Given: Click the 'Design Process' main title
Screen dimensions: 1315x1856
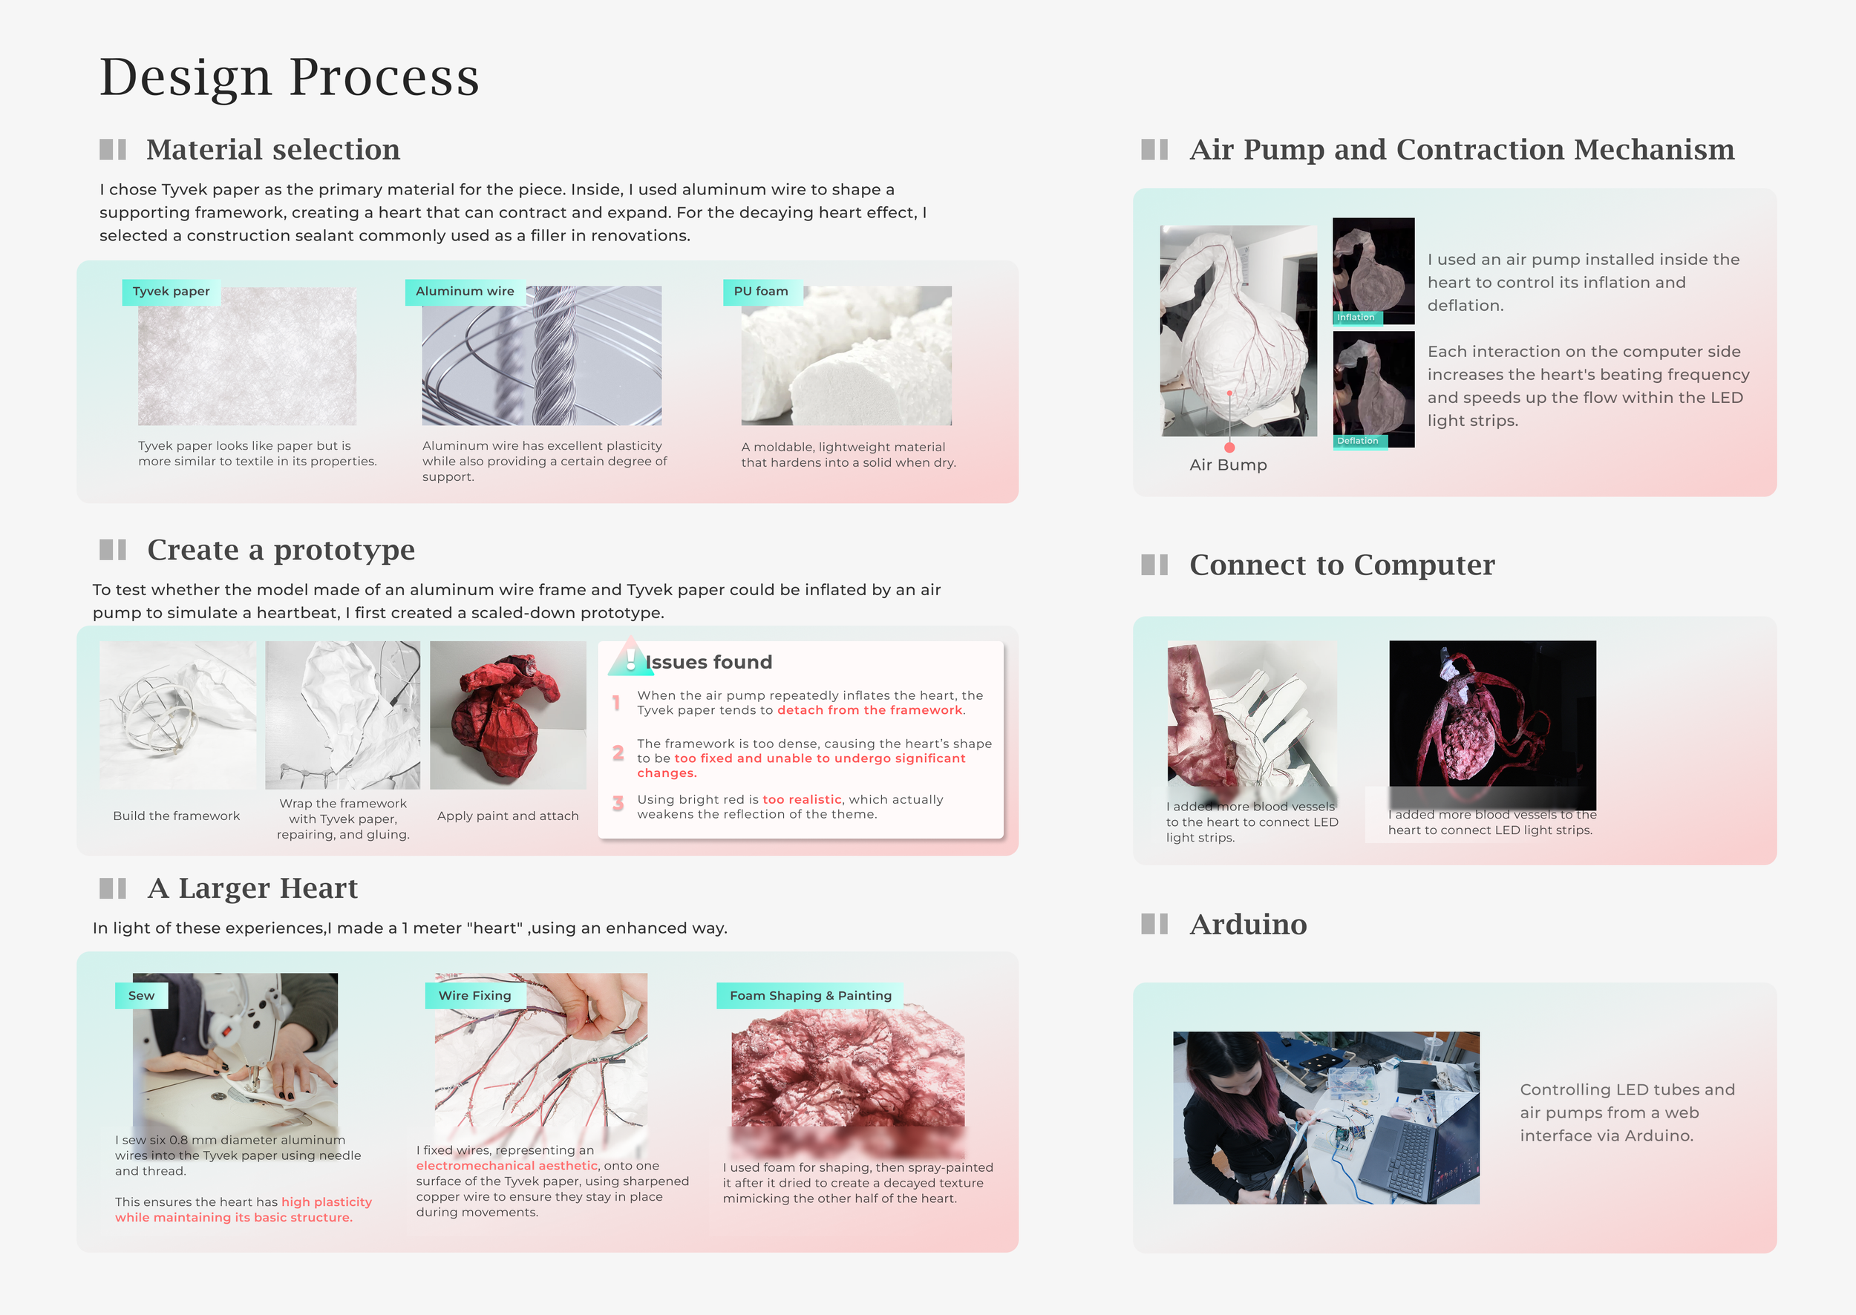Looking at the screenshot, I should (290, 78).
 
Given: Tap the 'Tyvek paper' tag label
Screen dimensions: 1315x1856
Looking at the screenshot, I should (171, 292).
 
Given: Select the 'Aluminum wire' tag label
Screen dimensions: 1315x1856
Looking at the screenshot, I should (464, 292).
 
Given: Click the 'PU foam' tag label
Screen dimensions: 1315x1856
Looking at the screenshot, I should (760, 292).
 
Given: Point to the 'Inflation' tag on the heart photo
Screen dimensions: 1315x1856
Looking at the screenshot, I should (1356, 318).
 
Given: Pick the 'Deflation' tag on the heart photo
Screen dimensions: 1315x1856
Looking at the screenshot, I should (1357, 441).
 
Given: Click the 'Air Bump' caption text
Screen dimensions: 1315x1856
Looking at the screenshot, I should (1227, 465).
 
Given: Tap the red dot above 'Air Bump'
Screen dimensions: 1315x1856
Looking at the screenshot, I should (1229, 447).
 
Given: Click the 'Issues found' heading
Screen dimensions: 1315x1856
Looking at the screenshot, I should (708, 663).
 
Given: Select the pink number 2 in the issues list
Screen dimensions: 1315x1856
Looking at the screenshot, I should (618, 753).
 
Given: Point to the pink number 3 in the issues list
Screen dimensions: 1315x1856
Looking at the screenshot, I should (618, 803).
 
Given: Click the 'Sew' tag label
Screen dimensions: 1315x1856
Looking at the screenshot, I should (141, 996).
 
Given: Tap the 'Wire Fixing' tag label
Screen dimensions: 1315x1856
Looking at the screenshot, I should (474, 996).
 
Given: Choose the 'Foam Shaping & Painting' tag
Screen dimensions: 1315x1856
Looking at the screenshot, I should (810, 996).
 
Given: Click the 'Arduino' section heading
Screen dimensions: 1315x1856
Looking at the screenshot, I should (1247, 925).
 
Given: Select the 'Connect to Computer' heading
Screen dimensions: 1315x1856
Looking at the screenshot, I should (1342, 565).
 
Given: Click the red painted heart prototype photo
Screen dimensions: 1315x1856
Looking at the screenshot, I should (507, 715).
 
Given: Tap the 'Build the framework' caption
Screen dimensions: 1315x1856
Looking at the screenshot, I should (177, 816).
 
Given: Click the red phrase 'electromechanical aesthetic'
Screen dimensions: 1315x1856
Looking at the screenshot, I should (507, 1166).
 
